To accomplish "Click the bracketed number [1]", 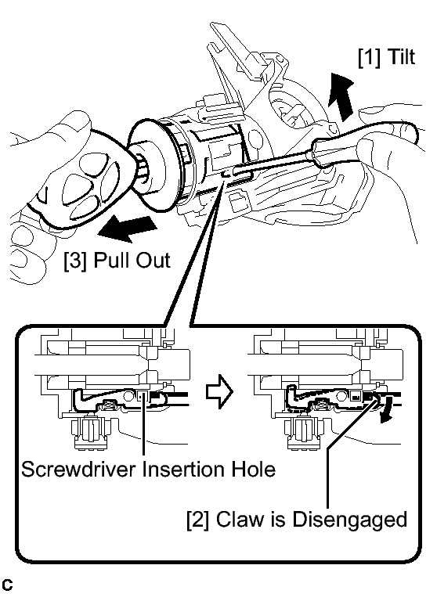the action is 370,58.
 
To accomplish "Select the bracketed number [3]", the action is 76,261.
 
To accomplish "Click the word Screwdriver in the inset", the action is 78,469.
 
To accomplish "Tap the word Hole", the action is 254,469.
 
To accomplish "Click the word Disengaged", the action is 349,520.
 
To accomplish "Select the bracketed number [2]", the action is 198,520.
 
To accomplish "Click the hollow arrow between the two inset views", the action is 219,392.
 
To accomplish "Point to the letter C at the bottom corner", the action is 7,585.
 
